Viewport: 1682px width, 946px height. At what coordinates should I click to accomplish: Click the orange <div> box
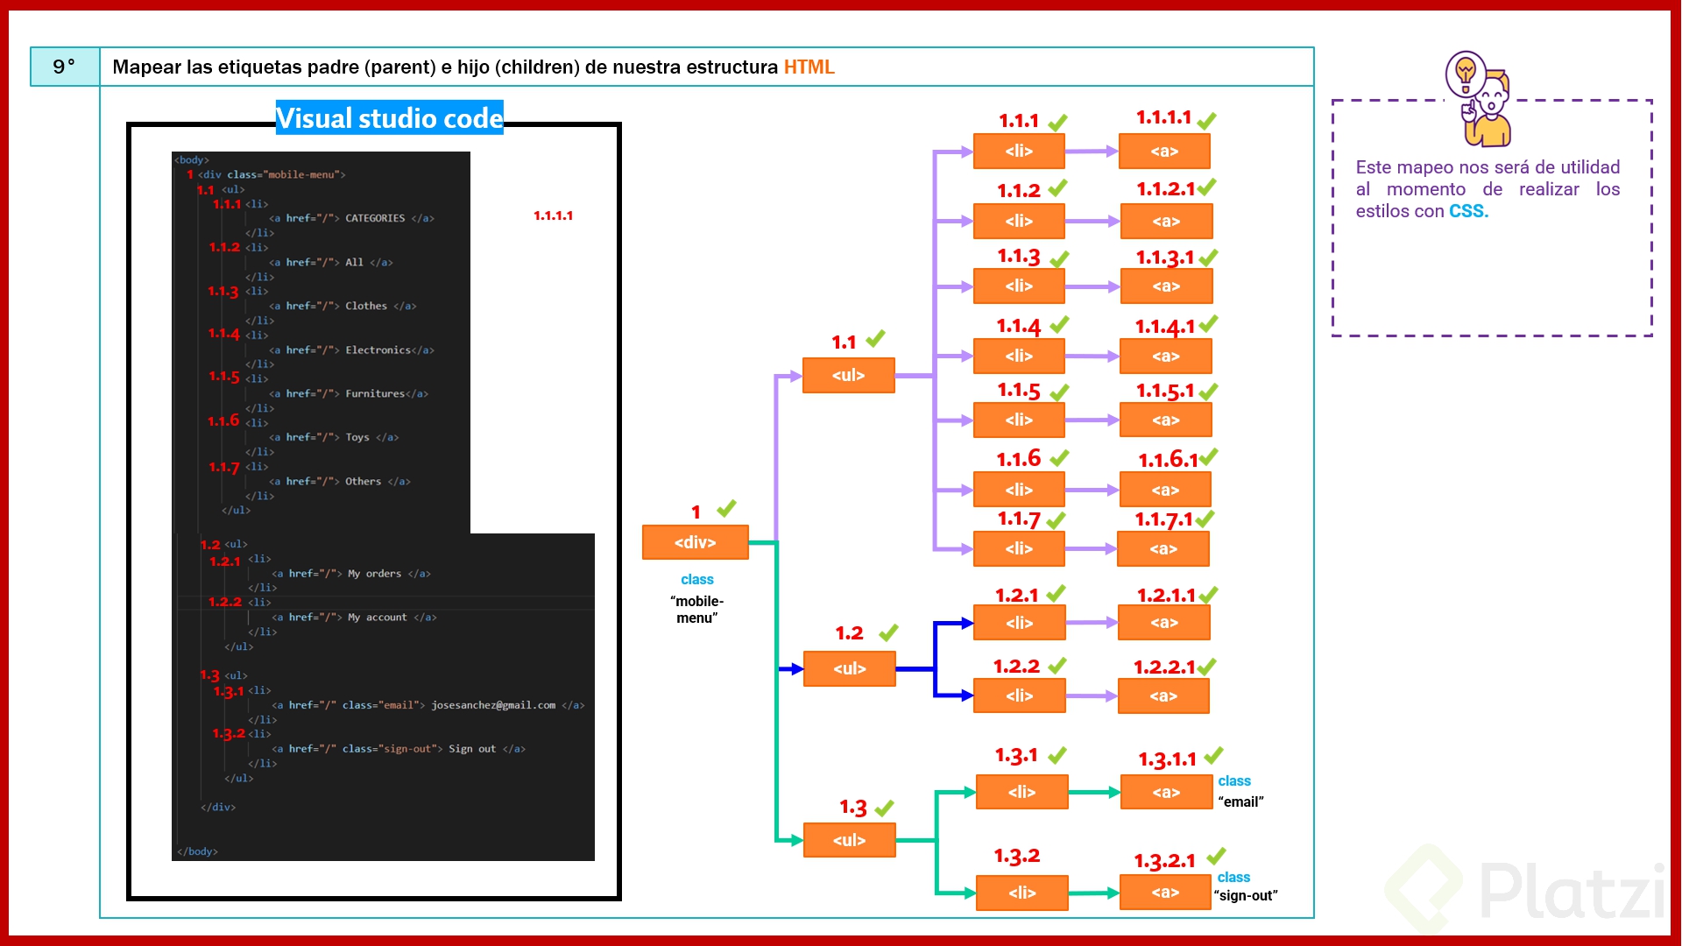tap(695, 542)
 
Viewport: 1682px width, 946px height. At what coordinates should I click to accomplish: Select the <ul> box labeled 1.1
tap(848, 375)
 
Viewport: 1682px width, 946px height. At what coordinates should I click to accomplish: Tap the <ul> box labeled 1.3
tap(849, 840)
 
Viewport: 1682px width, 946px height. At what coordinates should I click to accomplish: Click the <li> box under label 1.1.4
tap(1018, 356)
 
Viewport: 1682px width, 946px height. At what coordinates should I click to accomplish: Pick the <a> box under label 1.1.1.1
tap(1163, 151)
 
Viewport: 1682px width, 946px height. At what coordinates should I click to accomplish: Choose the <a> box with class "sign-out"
tap(1164, 893)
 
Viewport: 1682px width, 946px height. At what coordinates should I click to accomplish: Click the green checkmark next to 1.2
tap(888, 632)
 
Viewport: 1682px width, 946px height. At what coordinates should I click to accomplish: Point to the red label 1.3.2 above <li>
tap(1016, 856)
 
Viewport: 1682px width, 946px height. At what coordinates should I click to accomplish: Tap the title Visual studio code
tap(389, 118)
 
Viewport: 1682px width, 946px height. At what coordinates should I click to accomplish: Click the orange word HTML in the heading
tap(809, 67)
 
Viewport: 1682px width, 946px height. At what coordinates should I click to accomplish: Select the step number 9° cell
tap(64, 67)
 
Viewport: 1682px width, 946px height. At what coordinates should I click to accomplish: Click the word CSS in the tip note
tap(1467, 211)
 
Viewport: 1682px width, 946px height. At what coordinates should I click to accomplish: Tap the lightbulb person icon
tap(1480, 98)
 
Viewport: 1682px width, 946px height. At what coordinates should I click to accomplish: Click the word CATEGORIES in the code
tap(375, 218)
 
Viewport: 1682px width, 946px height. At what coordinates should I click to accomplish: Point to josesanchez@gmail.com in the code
tap(492, 705)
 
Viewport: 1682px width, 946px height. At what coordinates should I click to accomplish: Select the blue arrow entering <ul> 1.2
tap(790, 669)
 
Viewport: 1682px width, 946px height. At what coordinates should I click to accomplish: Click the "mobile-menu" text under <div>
tap(697, 609)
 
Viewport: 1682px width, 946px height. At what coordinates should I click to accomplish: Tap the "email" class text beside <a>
tap(1240, 801)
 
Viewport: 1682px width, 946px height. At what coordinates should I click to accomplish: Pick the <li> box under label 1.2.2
tap(1019, 695)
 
